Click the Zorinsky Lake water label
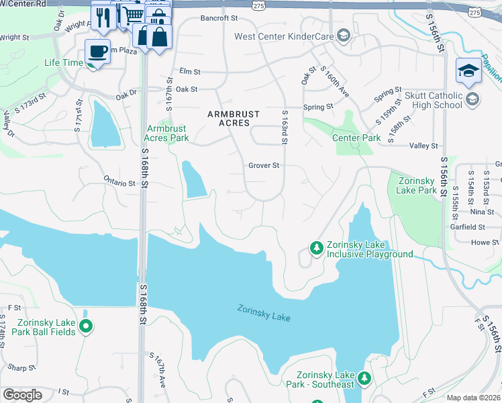263,312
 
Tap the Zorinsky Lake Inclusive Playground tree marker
316,249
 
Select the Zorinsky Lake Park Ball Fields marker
85,326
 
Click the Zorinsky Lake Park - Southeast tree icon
364,379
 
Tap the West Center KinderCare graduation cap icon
343,35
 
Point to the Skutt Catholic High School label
434,101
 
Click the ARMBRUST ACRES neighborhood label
228,119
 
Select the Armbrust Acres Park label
168,133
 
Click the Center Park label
356,138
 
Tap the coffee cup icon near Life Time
98,52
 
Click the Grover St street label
263,165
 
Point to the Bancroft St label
219,18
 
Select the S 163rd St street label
285,128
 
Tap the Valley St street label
423,146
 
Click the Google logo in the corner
22,395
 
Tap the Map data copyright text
473,398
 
